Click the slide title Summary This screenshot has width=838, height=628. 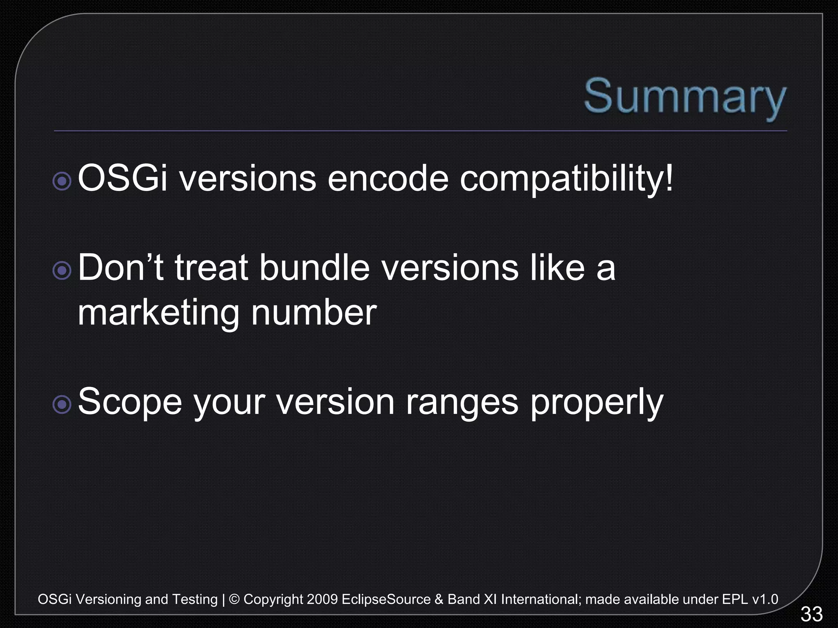685,97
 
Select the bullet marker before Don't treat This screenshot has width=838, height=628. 62,271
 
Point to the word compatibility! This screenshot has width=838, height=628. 566,179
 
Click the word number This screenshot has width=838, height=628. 313,312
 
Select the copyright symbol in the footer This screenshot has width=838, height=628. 234,599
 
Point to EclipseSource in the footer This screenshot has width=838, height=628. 386,599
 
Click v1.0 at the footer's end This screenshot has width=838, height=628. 765,599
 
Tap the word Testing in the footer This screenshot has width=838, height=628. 194,600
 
